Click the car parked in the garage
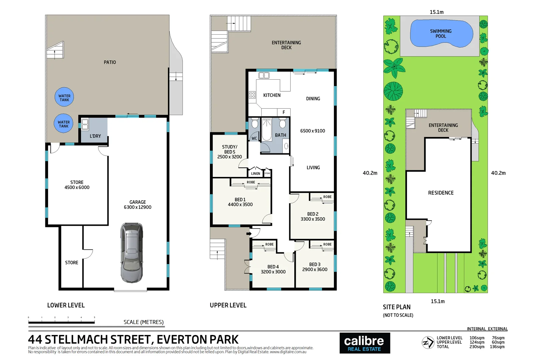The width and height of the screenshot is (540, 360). (132, 252)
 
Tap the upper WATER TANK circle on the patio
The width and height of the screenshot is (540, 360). (64, 97)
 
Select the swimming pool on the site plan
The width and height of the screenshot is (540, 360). (441, 33)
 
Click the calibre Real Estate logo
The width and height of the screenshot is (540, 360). (364, 343)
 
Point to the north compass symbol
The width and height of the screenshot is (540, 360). (428, 342)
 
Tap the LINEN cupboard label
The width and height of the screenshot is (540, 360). (256, 173)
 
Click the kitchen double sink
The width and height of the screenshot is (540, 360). (264, 76)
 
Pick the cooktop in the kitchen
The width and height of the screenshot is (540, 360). (252, 95)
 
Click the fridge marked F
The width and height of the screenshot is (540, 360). (284, 112)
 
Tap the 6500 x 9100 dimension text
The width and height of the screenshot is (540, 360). (312, 131)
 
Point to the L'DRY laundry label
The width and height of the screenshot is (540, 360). (95, 136)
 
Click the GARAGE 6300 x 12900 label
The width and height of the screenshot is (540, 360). (138, 205)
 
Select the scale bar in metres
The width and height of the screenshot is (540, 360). (62, 322)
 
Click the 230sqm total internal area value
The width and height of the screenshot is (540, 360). (477, 347)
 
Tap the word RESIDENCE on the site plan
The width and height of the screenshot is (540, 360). (441, 193)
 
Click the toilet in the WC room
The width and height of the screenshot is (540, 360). (255, 124)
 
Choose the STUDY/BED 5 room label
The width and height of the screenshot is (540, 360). (229, 152)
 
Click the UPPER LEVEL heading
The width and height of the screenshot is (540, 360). (228, 305)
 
